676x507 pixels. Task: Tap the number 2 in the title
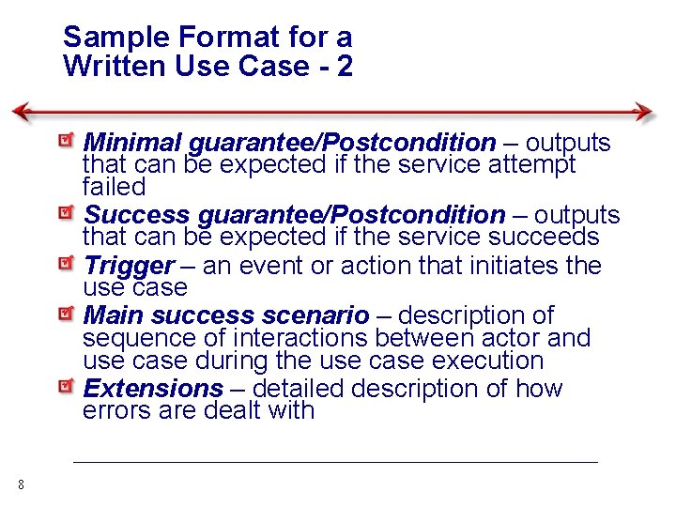click(x=344, y=67)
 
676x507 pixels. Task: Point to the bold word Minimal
click(x=132, y=143)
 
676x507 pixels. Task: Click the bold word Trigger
click(x=129, y=266)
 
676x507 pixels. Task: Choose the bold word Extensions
click(x=153, y=389)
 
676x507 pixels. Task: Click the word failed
click(x=114, y=187)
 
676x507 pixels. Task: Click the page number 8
click(x=21, y=484)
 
